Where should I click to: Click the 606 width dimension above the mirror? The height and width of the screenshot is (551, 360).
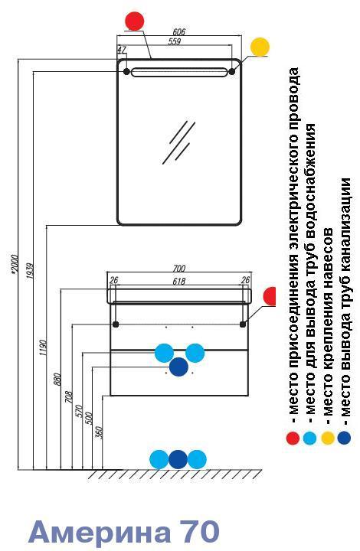coord(179,31)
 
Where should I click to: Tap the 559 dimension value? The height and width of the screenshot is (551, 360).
coord(174,41)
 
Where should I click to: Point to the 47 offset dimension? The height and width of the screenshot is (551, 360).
coord(121,50)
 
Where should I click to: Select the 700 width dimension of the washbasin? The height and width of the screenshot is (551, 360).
coord(179,269)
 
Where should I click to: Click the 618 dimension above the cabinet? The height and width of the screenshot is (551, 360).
coord(179,281)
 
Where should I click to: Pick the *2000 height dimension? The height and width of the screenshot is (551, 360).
coord(14,264)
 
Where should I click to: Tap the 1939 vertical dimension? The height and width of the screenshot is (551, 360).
coord(30,271)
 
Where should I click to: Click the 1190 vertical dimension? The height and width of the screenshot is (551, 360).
coord(42,347)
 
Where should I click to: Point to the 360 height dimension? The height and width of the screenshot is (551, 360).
coord(99,432)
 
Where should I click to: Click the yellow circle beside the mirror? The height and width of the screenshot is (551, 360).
coord(260,47)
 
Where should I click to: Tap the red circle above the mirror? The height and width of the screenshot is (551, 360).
coord(135,21)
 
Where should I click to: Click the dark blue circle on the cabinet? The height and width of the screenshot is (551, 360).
coord(179,367)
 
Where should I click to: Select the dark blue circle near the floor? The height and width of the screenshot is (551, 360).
coord(178,459)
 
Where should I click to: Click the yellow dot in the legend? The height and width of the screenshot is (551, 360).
coord(328,438)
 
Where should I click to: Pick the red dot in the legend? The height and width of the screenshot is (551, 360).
coord(293,438)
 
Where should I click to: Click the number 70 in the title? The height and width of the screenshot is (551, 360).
coord(200,531)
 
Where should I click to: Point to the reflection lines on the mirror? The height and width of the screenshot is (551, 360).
coord(179,142)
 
